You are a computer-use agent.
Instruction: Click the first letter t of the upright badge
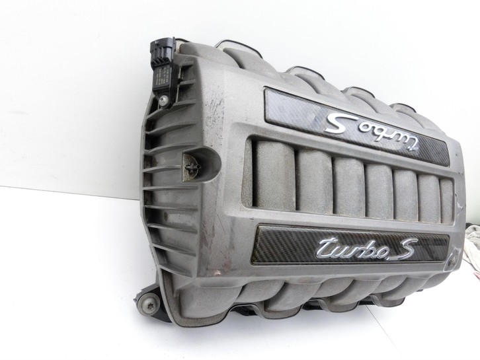click(x=324, y=245)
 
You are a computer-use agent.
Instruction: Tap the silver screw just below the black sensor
click(x=165, y=99)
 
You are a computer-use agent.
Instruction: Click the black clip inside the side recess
click(x=192, y=166)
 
